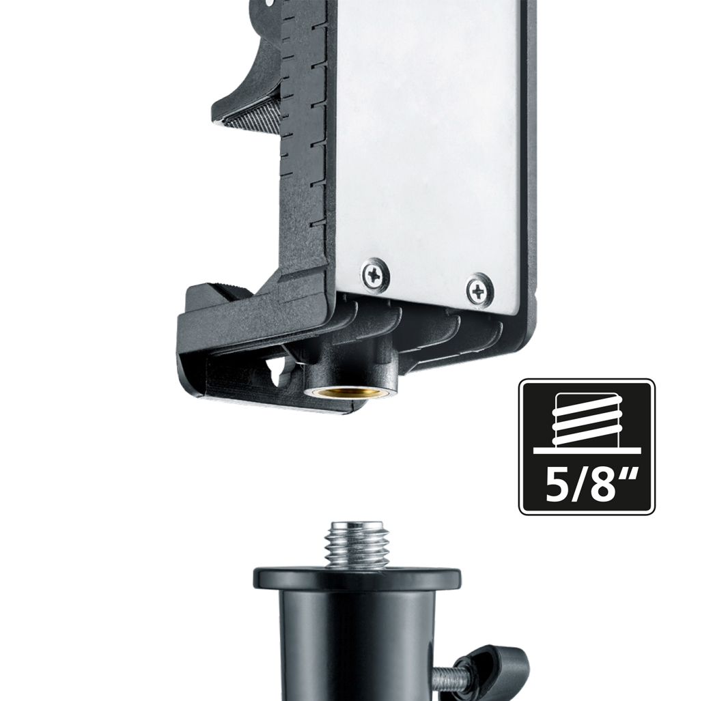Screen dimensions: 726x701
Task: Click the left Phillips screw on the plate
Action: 374,276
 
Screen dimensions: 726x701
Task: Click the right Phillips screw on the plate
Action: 479,291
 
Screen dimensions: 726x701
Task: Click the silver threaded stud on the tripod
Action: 357,545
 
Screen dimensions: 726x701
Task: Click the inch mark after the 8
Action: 629,476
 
